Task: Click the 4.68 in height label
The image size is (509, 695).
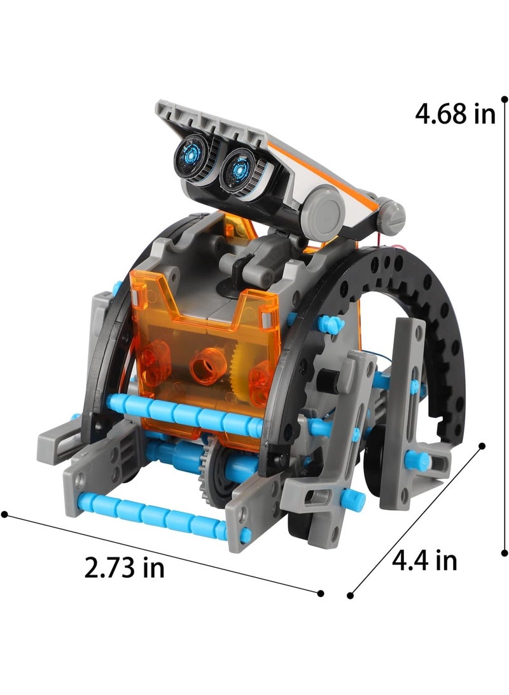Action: coord(455,114)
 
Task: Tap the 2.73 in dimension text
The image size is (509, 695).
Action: coord(124,568)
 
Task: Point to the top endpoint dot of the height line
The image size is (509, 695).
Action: coord(504,99)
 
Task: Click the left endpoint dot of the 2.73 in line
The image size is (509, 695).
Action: coord(5,514)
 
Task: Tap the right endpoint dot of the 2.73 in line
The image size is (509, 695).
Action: coord(321,593)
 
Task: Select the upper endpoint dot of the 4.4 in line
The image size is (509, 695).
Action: coord(482,446)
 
